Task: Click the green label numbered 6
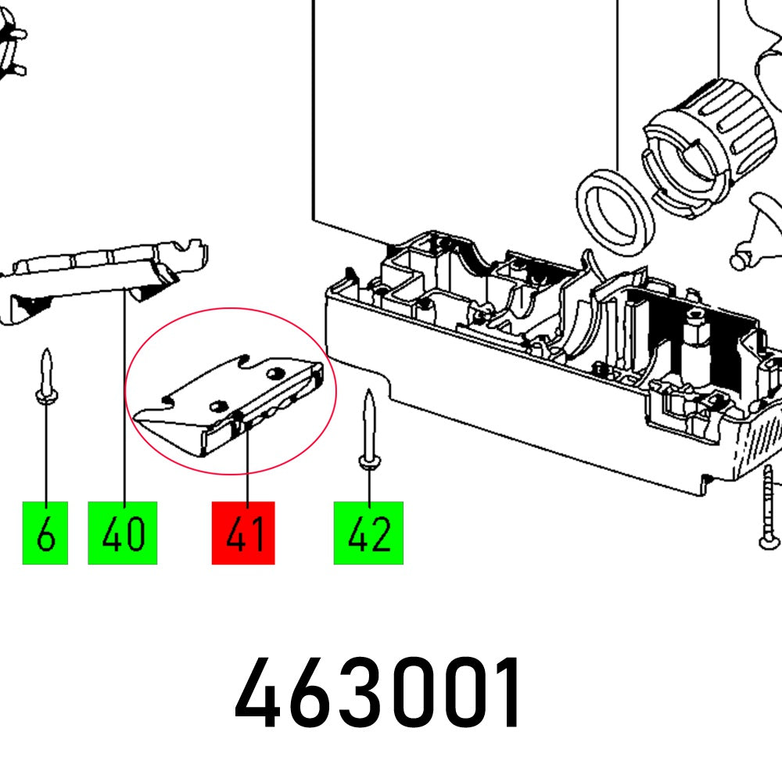[45, 533]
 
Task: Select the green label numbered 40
[123, 533]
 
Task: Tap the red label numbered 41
[243, 533]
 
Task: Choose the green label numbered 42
[368, 533]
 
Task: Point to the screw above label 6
[47, 378]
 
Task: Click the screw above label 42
[368, 430]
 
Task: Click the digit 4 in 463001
[260, 694]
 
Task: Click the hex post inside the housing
[694, 344]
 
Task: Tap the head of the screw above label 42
[368, 461]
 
